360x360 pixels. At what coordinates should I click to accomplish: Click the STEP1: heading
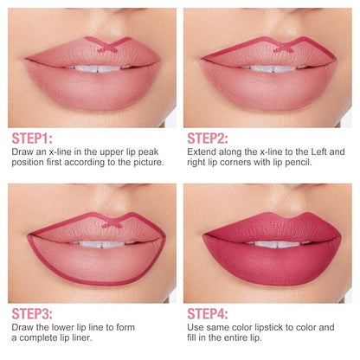32,138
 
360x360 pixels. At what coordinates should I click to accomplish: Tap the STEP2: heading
208,138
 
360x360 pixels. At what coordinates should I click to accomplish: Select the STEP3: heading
32,314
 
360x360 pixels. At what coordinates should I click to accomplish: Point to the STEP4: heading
208,314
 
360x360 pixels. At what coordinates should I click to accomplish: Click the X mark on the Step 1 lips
108,45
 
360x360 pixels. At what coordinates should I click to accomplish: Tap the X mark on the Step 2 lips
283,47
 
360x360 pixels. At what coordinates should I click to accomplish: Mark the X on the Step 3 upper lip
112,222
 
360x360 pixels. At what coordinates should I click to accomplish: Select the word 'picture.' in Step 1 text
149,162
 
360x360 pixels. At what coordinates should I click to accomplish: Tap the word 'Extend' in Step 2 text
202,151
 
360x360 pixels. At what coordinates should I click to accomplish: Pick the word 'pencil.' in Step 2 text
299,162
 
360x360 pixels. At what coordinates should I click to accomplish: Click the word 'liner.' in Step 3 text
80,337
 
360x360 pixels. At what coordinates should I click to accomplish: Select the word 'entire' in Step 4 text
234,337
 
